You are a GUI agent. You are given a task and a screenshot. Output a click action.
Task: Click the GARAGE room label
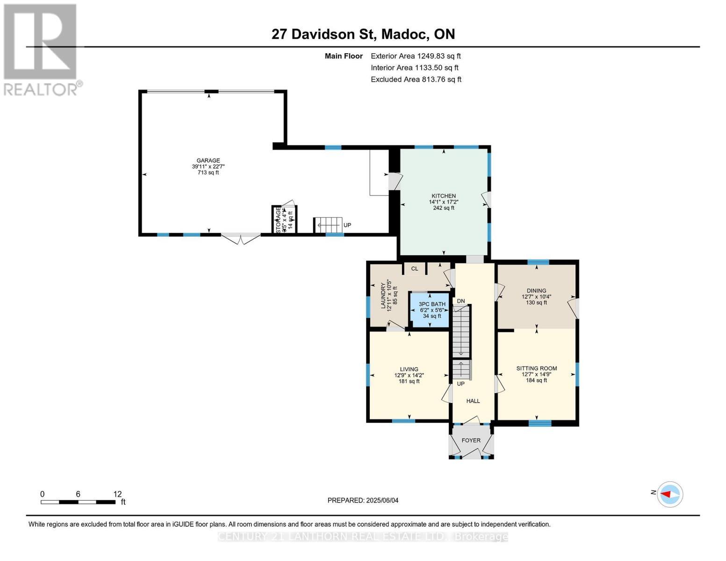tap(208, 161)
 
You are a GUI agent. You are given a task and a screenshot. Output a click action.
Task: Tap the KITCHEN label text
tap(443, 196)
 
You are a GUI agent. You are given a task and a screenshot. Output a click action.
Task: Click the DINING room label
tap(536, 290)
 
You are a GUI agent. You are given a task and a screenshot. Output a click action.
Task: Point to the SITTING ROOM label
tap(536, 368)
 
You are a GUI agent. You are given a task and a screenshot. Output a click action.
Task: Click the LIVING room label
tap(409, 369)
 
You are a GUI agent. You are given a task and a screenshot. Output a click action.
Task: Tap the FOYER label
tap(471, 440)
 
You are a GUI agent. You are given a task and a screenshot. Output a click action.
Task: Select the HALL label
tap(473, 401)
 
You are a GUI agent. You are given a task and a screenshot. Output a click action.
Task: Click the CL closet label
tap(415, 269)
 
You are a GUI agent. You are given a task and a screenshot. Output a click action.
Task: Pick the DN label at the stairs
tap(461, 301)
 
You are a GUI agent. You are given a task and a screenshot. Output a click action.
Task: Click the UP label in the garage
tap(347, 225)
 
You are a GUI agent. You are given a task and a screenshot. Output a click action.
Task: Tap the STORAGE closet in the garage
tap(285, 220)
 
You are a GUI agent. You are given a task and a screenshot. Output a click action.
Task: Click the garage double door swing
tap(240, 239)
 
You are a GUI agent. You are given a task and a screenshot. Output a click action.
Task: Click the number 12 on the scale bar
tap(117, 494)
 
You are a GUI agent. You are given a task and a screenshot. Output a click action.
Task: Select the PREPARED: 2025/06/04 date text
tap(363, 500)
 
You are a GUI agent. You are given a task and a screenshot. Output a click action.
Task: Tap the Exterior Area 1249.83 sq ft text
tap(416, 56)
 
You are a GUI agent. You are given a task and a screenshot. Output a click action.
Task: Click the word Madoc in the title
tap(405, 34)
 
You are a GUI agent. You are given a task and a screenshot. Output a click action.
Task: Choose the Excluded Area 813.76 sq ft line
tap(416, 79)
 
